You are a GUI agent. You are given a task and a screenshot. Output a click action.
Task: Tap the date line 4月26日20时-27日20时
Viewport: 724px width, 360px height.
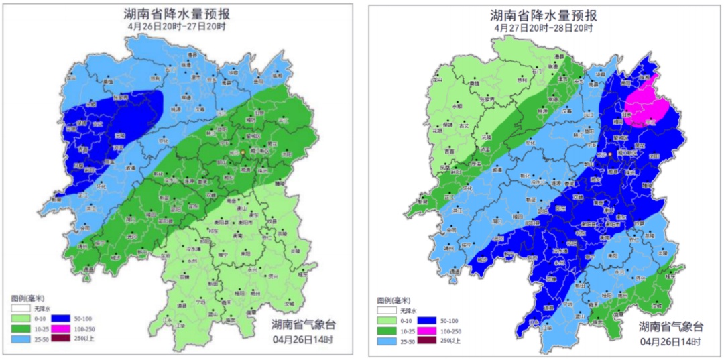[180, 27]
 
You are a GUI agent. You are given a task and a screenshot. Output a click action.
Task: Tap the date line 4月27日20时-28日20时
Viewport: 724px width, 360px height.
[544, 28]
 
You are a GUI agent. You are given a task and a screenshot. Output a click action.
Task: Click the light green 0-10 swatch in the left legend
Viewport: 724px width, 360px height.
[20, 320]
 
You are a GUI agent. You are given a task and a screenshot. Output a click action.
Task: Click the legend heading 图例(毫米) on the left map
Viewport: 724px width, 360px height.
[27, 297]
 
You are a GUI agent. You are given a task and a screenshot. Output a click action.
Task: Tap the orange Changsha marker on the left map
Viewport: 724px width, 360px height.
[242, 153]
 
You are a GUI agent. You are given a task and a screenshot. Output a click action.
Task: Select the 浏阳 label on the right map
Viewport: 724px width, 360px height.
[655, 156]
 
